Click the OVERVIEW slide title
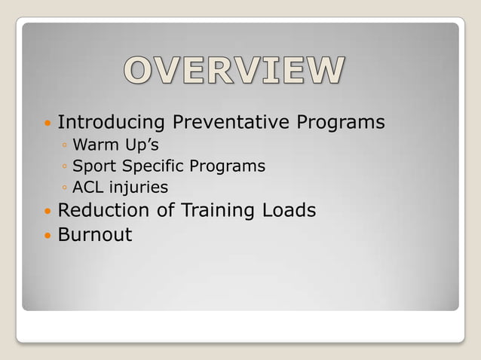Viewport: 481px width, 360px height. click(234, 72)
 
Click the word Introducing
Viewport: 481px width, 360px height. click(112, 122)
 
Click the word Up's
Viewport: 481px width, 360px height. click(137, 145)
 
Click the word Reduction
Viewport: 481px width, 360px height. click(105, 210)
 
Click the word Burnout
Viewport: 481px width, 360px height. click(95, 234)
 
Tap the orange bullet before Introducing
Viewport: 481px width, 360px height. click(47, 123)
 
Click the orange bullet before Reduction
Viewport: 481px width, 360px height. click(47, 211)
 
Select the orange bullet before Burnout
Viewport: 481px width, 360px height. click(47, 235)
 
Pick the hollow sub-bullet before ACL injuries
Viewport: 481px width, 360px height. click(66, 187)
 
